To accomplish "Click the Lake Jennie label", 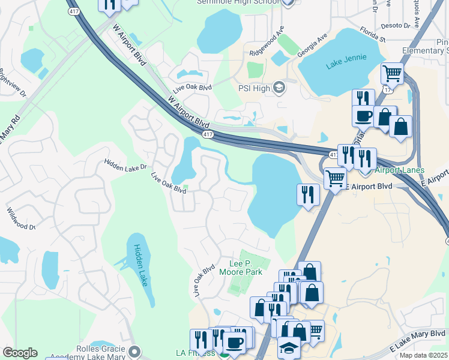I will coord(346,64).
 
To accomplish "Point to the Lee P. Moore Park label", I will coord(246,268).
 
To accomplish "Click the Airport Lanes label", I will coord(400,170).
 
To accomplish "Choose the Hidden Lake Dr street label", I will coord(124,164).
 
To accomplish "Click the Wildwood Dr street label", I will coord(21,219).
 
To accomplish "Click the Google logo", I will coord(20,352).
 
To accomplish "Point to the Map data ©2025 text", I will coord(423,355).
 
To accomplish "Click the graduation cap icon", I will coord(289,348).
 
